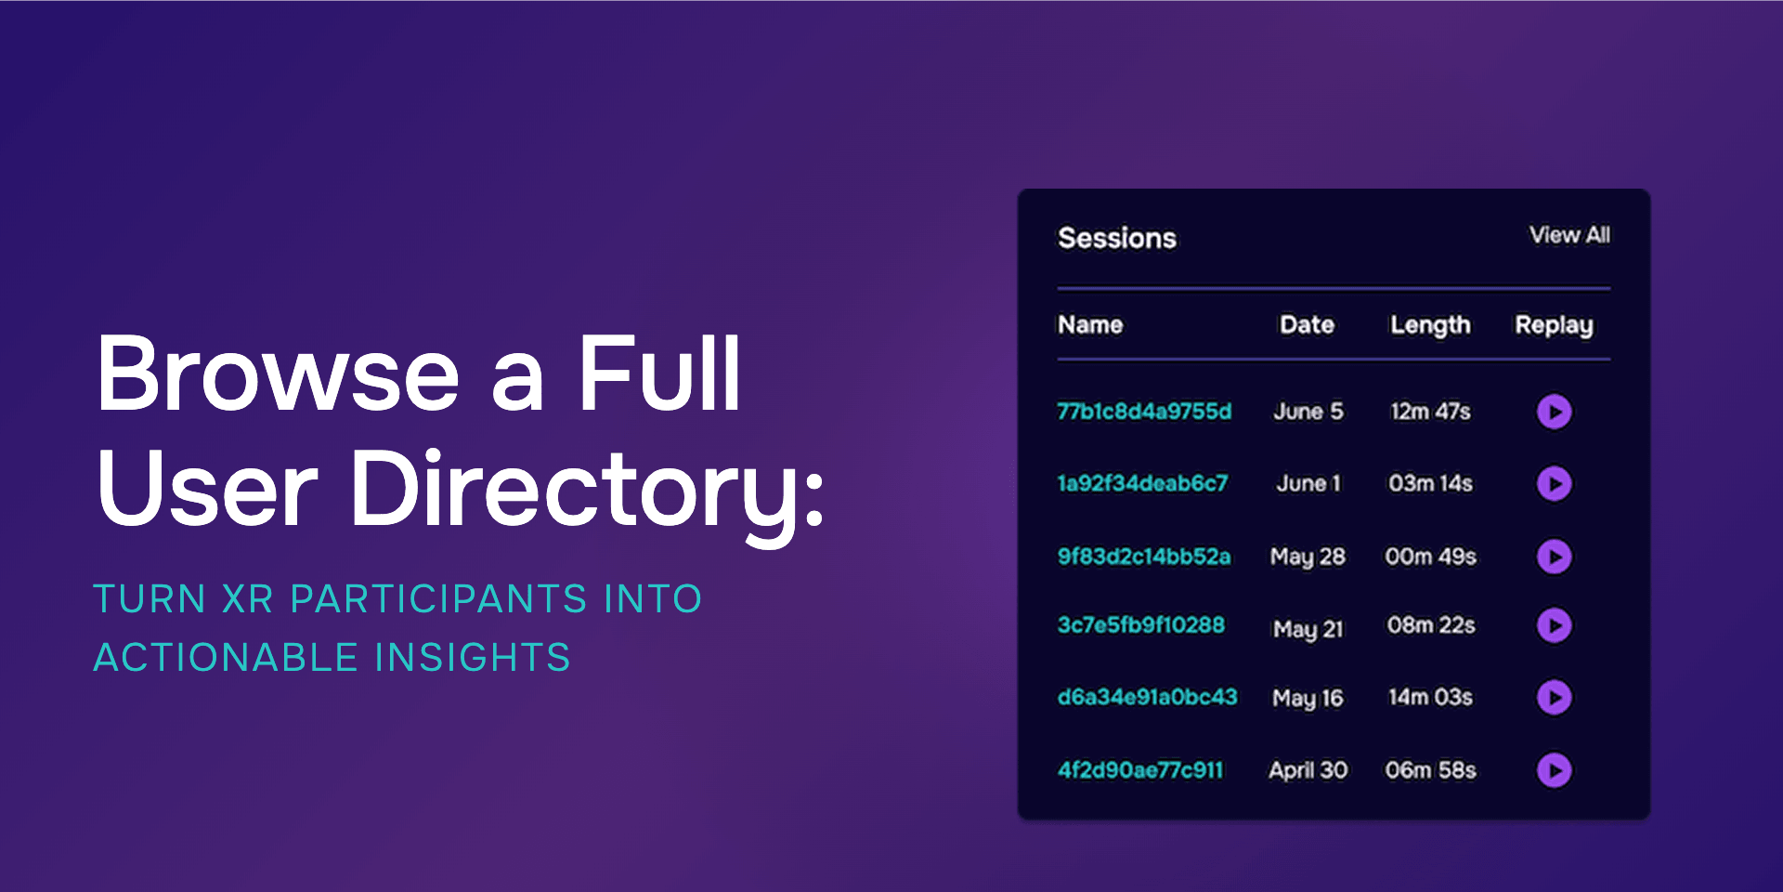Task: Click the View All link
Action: [x=1569, y=235]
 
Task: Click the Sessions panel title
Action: [x=1117, y=239]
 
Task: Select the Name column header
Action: [x=1090, y=325]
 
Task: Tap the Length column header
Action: [x=1430, y=325]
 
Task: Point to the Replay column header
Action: [x=1554, y=325]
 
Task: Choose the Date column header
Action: [x=1307, y=325]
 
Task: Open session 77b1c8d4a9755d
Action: [x=1144, y=412]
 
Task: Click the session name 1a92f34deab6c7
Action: [x=1142, y=483]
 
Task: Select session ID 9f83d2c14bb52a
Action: [x=1144, y=557]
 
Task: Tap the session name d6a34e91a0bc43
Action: [x=1147, y=697]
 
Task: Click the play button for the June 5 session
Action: [x=1554, y=412]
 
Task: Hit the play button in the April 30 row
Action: [x=1554, y=770]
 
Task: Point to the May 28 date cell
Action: [x=1308, y=557]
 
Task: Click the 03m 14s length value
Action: [x=1430, y=483]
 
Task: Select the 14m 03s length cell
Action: [x=1430, y=697]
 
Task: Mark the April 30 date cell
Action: [x=1308, y=770]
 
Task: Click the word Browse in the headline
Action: [x=278, y=374]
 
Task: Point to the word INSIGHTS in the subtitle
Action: [x=473, y=658]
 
